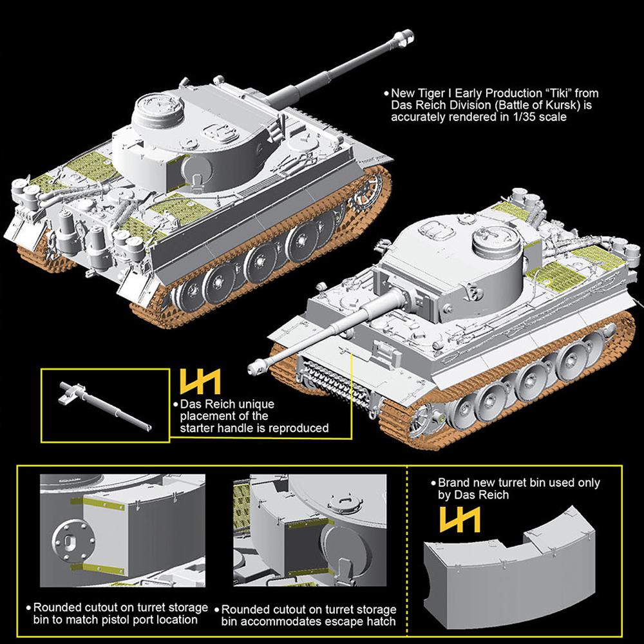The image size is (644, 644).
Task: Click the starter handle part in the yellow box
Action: point(105,406)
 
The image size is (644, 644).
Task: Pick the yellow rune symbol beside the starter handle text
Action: point(200,381)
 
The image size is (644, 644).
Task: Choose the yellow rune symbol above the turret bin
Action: point(460,519)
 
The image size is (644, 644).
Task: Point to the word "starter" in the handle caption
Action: point(199,428)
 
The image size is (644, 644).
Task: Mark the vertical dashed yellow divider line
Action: point(407,551)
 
